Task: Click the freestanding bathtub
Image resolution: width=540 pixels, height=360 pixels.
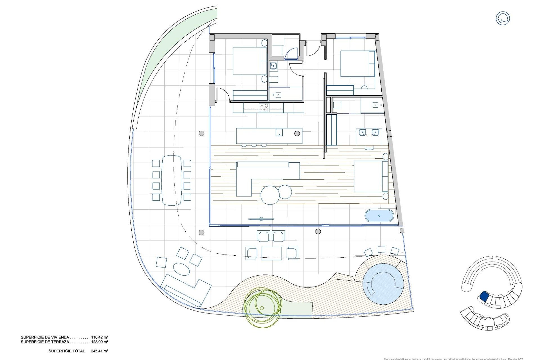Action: pos(379,216)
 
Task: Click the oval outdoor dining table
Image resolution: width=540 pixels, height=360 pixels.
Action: pos(172,180)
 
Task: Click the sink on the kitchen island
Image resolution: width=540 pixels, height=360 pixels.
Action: pos(279,132)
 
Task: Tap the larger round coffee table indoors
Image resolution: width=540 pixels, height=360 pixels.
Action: pos(270,195)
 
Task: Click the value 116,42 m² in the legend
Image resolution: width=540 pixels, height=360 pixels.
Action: pos(100,337)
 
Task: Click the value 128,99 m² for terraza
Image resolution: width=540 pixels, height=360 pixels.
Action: pos(100,342)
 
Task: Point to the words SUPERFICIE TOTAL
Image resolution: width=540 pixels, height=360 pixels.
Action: pos(67,351)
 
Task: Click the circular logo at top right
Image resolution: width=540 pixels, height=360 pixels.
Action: pos(502,19)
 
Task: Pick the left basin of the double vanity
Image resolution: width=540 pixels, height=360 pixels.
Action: pos(363,132)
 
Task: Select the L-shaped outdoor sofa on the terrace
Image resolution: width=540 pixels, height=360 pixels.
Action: pos(186,290)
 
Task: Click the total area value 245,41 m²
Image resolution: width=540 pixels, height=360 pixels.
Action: pos(100,351)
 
